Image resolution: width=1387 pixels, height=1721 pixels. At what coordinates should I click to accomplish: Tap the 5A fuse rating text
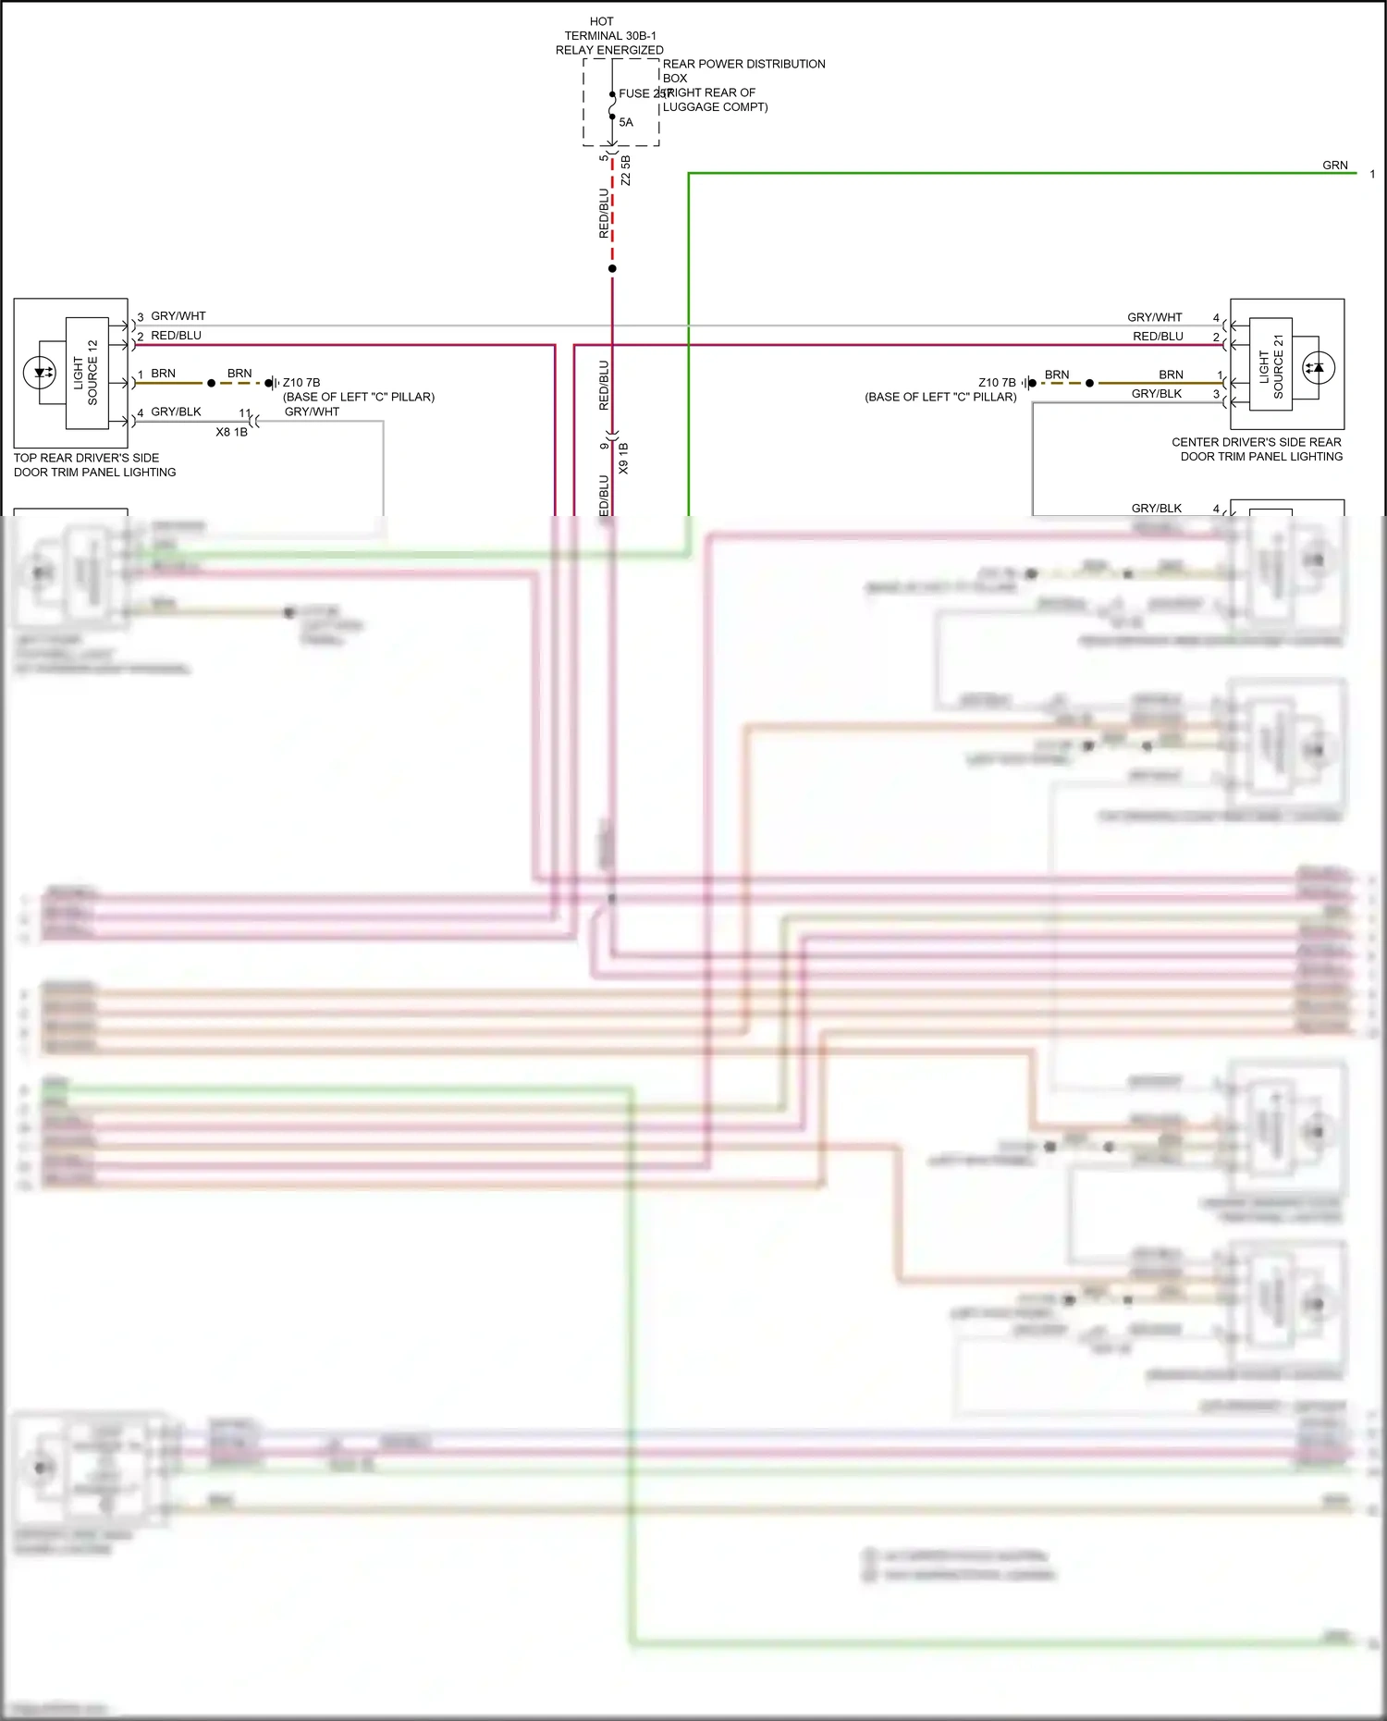tap(626, 122)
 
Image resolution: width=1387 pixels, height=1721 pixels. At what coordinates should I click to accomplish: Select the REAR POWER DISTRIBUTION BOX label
tap(743, 70)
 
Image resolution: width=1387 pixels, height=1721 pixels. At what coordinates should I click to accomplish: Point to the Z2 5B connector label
tap(626, 170)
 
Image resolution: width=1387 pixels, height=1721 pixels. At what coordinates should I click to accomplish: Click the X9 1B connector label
tap(623, 459)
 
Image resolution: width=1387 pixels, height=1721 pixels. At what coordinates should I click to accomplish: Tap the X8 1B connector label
tap(231, 432)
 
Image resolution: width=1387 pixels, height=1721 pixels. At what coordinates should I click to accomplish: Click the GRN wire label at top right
tap(1334, 166)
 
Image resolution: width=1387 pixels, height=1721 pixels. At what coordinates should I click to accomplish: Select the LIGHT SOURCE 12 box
tap(87, 373)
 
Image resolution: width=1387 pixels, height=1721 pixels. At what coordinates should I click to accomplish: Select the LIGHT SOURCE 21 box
tap(1270, 364)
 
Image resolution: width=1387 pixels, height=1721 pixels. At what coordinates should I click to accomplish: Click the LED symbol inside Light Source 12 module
tap(40, 374)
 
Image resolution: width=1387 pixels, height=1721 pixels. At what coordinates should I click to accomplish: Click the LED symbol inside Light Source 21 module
tap(1318, 368)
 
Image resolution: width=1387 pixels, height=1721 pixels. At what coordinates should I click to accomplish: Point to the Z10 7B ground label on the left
tap(301, 382)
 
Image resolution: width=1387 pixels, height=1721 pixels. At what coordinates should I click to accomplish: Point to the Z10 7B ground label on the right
tap(997, 382)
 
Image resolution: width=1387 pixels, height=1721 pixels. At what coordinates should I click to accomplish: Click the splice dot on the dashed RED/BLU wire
tap(612, 269)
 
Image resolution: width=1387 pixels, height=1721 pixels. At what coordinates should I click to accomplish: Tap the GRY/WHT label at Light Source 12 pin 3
tap(178, 316)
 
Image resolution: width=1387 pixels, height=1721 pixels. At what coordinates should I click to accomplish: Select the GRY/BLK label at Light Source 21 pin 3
tap(1156, 394)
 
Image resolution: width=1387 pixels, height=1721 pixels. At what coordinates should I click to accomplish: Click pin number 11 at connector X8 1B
tap(245, 413)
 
